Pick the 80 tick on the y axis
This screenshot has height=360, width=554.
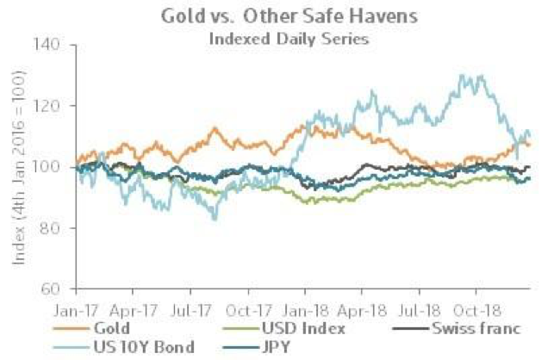(x=59, y=228)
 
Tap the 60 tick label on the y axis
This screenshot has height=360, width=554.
(x=59, y=289)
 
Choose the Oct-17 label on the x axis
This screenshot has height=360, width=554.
(x=256, y=307)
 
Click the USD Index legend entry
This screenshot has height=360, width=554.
(x=301, y=328)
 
